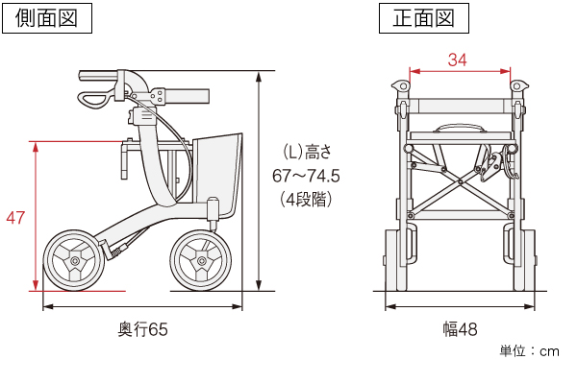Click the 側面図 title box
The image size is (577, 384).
47,18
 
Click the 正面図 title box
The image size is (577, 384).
424,18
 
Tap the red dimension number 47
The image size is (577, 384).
15,218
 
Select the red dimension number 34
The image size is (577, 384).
458,60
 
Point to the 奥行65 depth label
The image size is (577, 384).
142,329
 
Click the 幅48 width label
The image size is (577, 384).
460,329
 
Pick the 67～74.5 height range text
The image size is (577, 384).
306,176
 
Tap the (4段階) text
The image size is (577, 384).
306,200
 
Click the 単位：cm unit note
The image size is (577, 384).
529,351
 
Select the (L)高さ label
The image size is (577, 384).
307,152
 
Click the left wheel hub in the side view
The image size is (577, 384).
75,261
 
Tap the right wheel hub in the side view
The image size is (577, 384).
201,261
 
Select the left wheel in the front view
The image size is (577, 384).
396,260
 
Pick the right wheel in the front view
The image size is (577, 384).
524,260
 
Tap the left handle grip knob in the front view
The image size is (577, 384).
401,86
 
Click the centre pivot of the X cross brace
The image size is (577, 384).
461,181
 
